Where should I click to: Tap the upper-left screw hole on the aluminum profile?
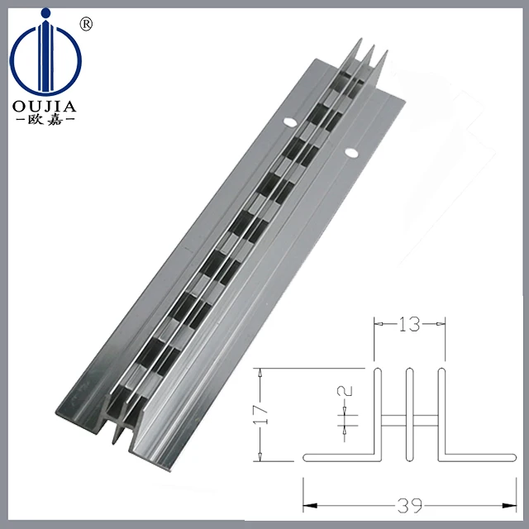click(x=290, y=122)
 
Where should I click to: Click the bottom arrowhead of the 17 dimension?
click(x=261, y=460)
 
